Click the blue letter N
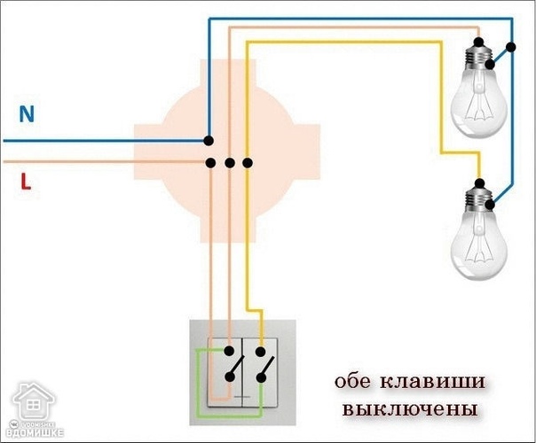point(27,114)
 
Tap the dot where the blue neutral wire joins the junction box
point(208,140)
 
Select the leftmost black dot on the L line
point(212,163)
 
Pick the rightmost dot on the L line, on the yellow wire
point(248,163)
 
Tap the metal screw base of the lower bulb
point(479,196)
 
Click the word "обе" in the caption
point(355,383)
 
